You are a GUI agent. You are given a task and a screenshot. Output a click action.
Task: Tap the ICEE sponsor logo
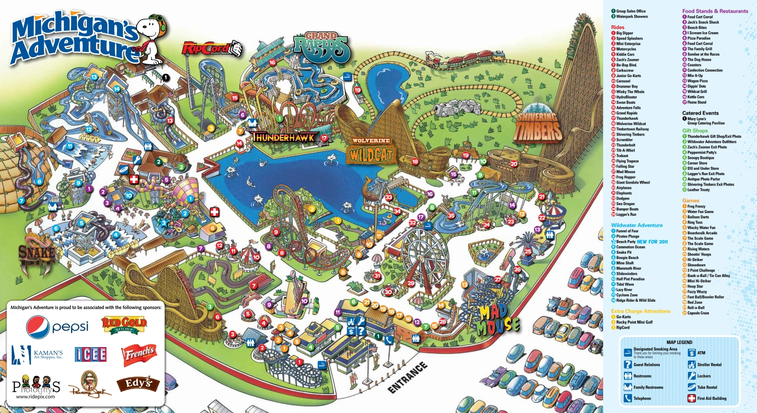click(90, 354)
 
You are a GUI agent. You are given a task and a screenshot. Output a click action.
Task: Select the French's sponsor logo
click(139, 355)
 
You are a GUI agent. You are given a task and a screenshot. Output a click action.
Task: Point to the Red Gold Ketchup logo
click(124, 325)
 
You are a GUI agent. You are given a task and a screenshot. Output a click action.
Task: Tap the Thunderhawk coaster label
click(284, 138)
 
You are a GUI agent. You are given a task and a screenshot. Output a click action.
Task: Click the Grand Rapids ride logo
click(322, 46)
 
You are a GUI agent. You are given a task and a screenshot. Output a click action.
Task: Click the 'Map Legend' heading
click(679, 342)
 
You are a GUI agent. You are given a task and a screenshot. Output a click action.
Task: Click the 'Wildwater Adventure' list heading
click(637, 225)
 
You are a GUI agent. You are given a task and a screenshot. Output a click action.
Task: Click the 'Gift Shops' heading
click(695, 130)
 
